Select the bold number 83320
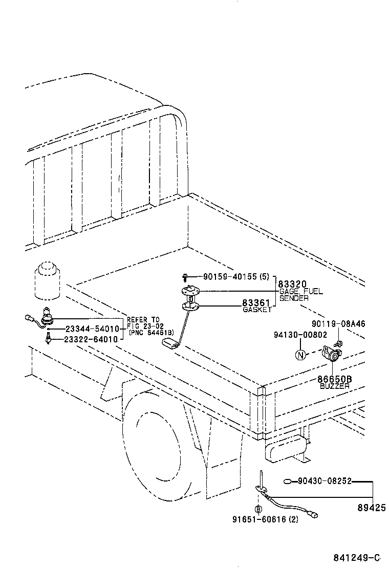coord(292,284)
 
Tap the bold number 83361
coord(256,303)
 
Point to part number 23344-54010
coord(93,329)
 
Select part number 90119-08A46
coord(338,324)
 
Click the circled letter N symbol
coord(300,355)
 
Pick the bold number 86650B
coord(335,379)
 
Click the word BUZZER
coord(335,386)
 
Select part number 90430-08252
coord(324,482)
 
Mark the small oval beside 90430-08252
coord(289,481)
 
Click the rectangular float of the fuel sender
coord(169,343)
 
